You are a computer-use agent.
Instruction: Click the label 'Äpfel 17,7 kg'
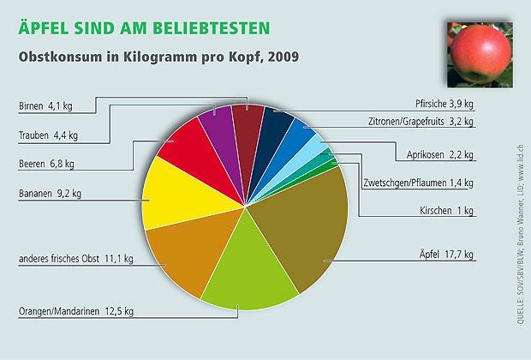(445, 255)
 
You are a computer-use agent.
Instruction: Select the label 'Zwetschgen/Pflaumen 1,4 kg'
(417, 183)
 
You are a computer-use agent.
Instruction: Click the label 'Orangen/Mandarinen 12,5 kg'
(76, 311)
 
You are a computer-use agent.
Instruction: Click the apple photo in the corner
(478, 53)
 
